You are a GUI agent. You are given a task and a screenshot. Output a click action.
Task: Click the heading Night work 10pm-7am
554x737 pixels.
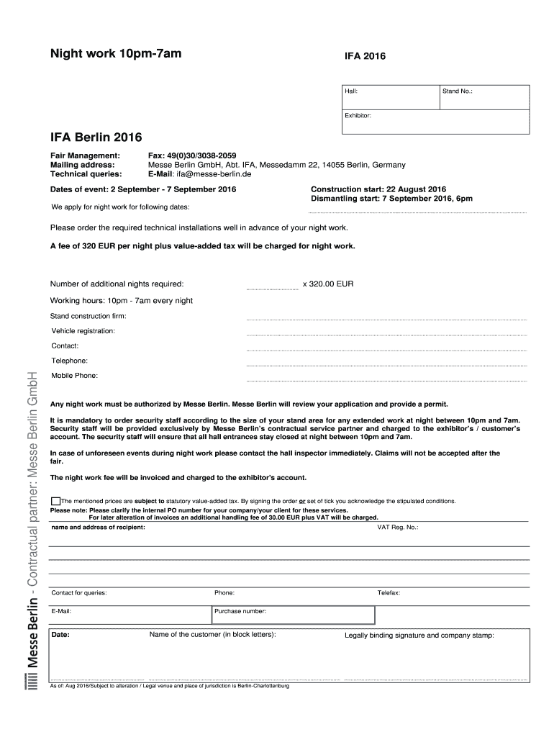(x=115, y=53)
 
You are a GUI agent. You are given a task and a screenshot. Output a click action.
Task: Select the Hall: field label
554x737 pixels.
(x=351, y=92)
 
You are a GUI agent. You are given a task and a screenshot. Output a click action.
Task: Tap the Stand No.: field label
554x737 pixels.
(x=457, y=92)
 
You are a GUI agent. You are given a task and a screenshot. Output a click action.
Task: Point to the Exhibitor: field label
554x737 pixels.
(x=358, y=115)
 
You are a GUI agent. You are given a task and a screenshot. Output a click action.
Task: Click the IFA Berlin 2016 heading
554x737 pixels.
(x=96, y=137)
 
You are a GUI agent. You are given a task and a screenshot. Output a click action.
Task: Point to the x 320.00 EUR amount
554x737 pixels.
(x=328, y=284)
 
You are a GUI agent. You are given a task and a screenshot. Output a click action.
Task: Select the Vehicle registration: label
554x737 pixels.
(x=83, y=331)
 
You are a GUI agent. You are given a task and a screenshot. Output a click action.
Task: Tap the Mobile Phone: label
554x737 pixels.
(x=74, y=376)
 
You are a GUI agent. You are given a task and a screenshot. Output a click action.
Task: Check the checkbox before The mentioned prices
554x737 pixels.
(x=55, y=501)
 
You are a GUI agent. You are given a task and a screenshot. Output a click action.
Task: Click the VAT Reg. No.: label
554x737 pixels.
(x=398, y=527)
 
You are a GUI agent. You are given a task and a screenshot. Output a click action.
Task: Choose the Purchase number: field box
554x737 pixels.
(x=293, y=615)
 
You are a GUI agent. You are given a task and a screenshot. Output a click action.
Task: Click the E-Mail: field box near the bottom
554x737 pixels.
(x=130, y=615)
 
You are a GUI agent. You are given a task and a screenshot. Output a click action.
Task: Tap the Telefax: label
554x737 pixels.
(x=389, y=592)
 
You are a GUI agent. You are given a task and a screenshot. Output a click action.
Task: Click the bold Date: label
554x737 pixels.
(x=60, y=636)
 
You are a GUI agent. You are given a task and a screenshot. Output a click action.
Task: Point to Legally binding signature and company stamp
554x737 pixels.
(x=419, y=636)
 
